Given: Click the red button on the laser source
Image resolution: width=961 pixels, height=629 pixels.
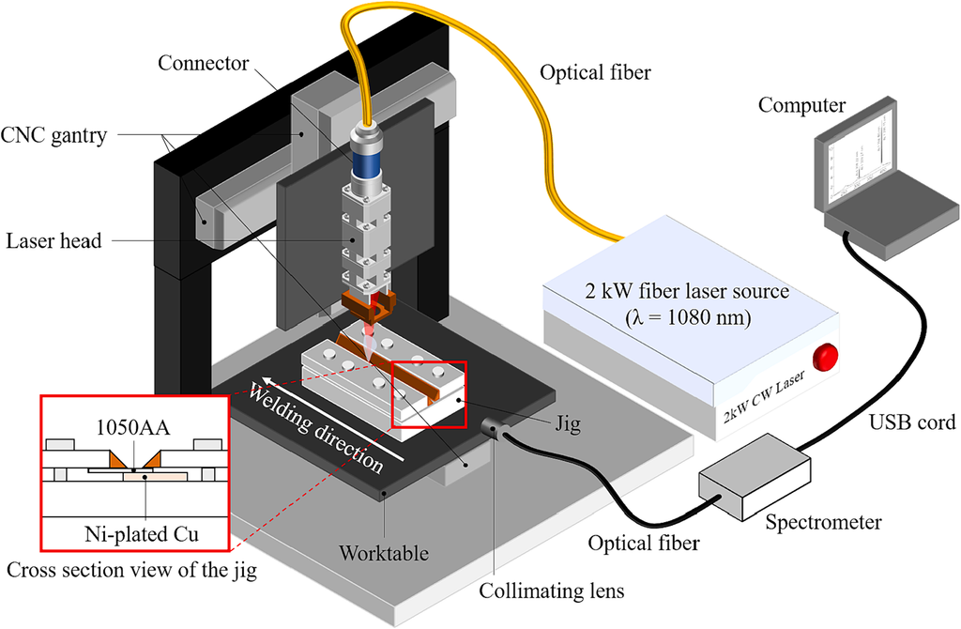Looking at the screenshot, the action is (825, 357).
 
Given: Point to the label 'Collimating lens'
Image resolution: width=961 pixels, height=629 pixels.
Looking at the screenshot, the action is (552, 591).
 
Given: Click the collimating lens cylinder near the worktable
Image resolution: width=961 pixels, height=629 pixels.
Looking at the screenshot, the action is (494, 427).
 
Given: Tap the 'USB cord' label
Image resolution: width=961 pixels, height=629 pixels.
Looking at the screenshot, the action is (912, 422).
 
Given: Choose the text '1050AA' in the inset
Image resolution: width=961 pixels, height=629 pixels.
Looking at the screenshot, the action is (133, 427).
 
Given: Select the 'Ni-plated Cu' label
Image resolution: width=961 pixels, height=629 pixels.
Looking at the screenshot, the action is (142, 534).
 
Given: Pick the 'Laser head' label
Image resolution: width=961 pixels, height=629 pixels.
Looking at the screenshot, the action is (53, 240).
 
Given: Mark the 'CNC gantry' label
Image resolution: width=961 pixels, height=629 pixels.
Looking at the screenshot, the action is (53, 135).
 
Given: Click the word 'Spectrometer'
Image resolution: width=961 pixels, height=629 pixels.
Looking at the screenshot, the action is (823, 522).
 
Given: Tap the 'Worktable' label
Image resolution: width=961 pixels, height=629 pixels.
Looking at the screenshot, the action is (384, 553).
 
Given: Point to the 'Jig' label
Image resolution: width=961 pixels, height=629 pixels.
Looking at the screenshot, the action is (568, 423).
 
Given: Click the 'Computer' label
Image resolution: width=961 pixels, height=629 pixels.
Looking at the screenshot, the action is (801, 105).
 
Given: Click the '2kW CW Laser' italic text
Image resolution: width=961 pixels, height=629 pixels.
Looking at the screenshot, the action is (763, 397).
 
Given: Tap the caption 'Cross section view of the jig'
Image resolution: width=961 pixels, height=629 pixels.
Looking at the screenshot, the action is (131, 570).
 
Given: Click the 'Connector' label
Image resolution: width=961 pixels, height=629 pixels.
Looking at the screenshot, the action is (203, 63).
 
